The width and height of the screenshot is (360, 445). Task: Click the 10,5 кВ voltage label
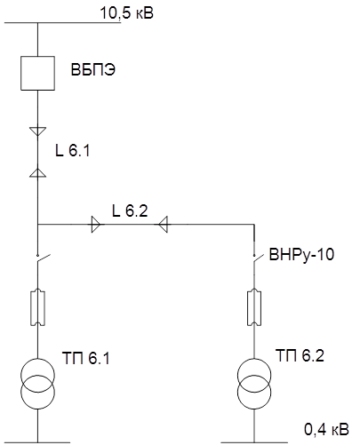[x=127, y=13]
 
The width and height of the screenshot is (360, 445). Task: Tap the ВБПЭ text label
[x=93, y=70]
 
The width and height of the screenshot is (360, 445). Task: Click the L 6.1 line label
[x=73, y=150]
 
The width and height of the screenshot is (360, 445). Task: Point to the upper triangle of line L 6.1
[x=38, y=131]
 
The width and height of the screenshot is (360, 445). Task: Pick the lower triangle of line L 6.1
[x=38, y=173]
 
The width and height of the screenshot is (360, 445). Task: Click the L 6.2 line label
[x=130, y=211]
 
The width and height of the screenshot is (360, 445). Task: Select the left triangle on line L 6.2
[x=96, y=225]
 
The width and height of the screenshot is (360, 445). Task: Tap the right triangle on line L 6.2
[x=164, y=225]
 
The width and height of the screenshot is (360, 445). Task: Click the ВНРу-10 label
[x=301, y=254]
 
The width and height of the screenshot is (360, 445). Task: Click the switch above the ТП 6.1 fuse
[x=43, y=258]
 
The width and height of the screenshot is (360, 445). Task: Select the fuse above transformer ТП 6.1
[x=37, y=307]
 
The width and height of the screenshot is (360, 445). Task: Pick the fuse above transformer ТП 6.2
[x=254, y=307]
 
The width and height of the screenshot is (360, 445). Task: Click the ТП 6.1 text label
[x=86, y=358]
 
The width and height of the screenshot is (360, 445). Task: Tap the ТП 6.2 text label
[x=300, y=355]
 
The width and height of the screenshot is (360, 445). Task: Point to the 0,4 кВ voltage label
[x=326, y=429]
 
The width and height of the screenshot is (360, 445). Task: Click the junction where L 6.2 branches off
[x=38, y=225]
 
